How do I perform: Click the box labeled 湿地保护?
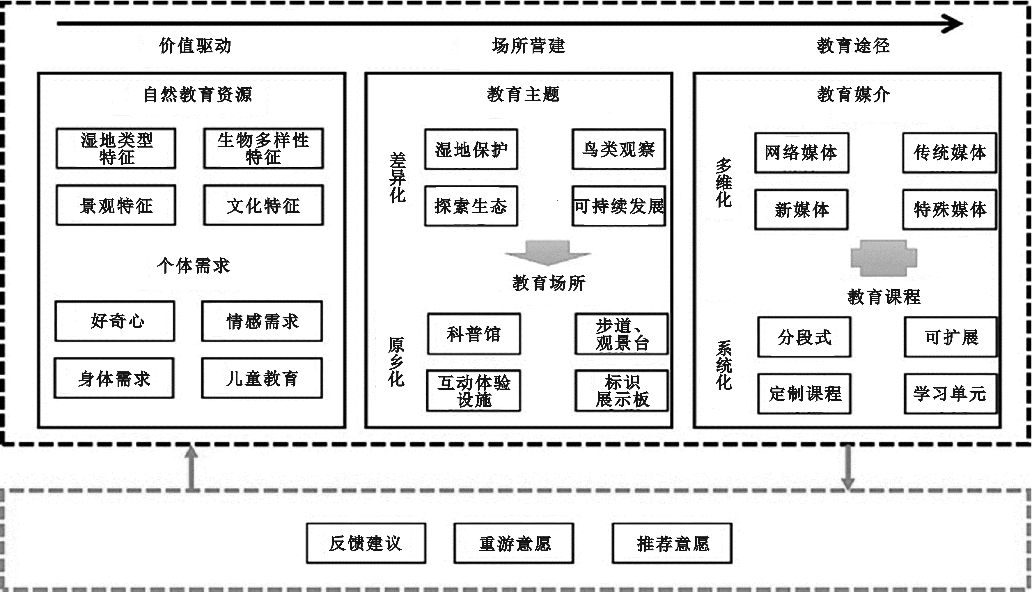[471, 149]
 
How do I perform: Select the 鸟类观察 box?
[618, 149]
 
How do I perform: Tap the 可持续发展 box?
[618, 206]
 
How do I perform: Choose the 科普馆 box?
[474, 334]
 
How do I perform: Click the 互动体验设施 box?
[474, 390]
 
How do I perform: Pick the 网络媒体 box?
[802, 153]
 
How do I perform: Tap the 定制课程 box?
[804, 394]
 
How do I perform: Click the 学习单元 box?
[950, 394]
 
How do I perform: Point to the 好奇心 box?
[115, 321]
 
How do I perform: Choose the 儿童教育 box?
[262, 378]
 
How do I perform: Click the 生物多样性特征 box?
[263, 148]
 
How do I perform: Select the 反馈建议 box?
[366, 543]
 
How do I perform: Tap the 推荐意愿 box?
[672, 543]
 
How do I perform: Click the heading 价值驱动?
[195, 45]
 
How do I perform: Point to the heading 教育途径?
[853, 45]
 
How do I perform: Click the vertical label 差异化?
[398, 178]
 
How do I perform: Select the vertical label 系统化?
[724, 365]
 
